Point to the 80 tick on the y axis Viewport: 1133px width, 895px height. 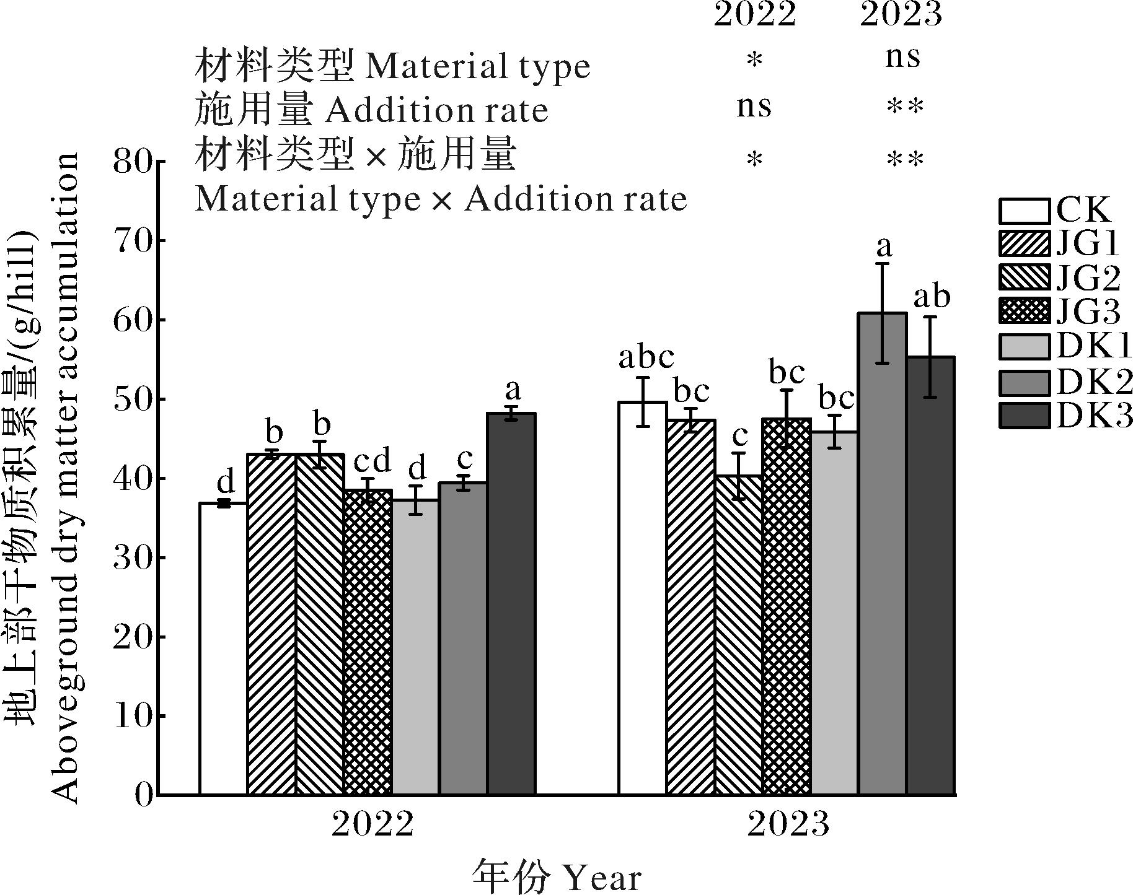pos(133,162)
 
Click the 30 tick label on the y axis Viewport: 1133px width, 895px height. pos(133,558)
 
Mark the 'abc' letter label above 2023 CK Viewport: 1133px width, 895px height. pos(646,357)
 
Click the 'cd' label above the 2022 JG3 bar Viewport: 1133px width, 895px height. pos(373,461)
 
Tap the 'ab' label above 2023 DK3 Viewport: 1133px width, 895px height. pos(932,297)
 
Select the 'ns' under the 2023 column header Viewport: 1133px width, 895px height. pos(902,58)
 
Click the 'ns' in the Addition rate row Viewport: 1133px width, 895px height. pos(754,107)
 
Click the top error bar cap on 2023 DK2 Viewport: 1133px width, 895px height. pos(883,264)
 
